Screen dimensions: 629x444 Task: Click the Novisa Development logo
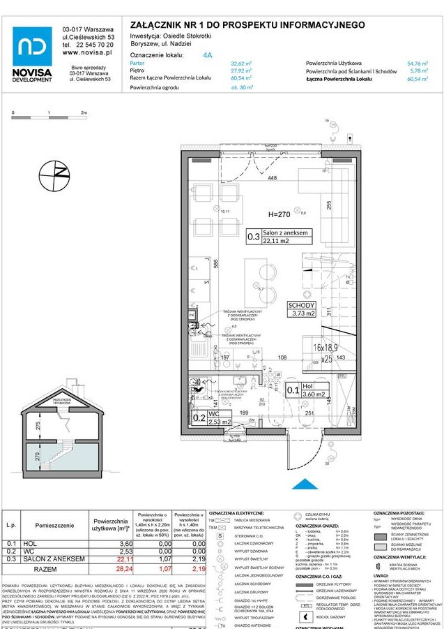click(x=32, y=54)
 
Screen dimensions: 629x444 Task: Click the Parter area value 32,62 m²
click(x=241, y=63)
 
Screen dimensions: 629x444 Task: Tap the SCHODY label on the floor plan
click(x=303, y=305)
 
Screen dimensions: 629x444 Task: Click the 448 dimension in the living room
click(x=272, y=178)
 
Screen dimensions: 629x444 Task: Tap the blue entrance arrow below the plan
click(x=304, y=483)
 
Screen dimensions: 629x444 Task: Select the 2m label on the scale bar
click(x=84, y=112)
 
